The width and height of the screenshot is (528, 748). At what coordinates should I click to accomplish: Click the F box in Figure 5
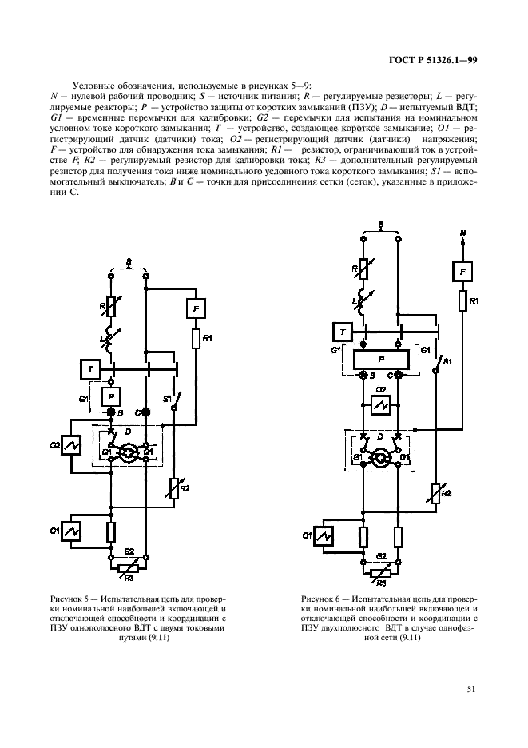point(196,306)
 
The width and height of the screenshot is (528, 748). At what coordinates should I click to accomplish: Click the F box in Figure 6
point(461,272)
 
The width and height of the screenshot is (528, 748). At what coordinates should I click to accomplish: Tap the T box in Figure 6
point(342,331)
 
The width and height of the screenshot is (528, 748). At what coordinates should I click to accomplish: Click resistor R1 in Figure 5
point(195,338)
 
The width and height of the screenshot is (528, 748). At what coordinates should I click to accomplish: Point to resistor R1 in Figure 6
point(461,300)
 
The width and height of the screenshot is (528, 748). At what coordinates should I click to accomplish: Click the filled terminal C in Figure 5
point(145,412)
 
